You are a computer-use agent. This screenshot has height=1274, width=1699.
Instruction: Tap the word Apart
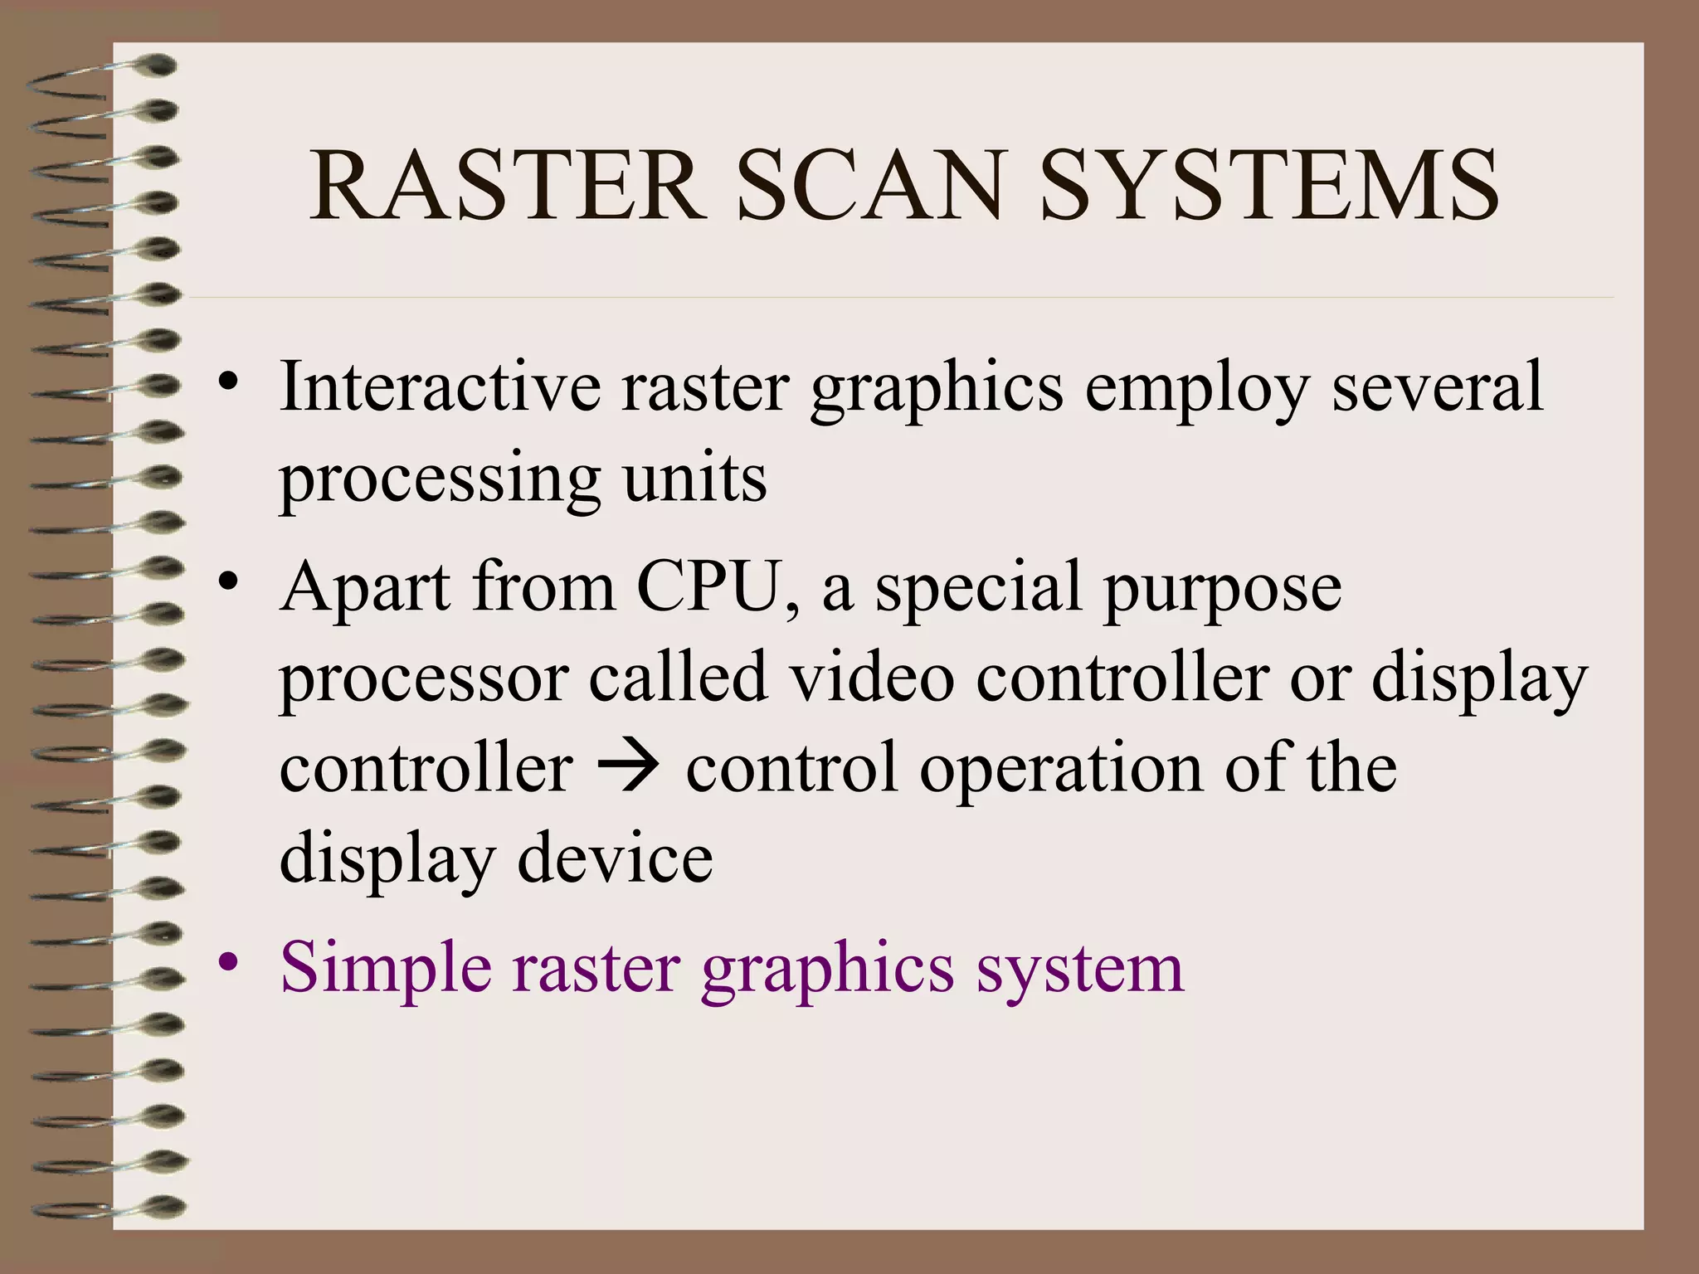point(366,587)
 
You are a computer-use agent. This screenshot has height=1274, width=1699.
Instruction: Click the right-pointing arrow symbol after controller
point(628,768)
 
